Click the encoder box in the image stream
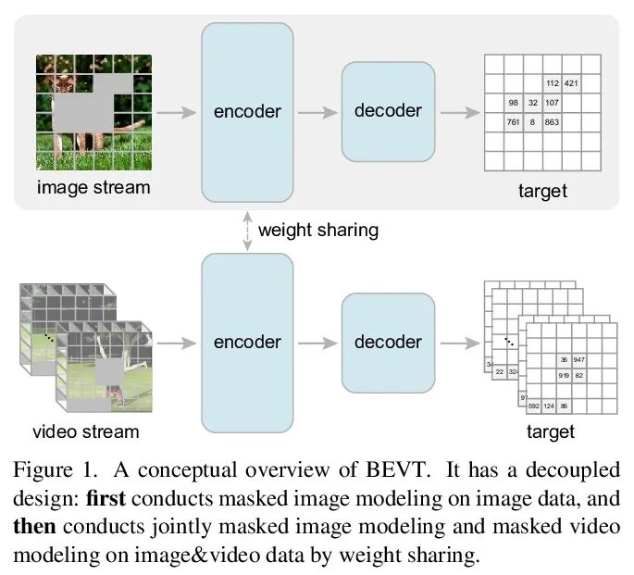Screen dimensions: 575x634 pyautogui.click(x=247, y=111)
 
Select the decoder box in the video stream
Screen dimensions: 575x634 pyautogui.click(x=388, y=342)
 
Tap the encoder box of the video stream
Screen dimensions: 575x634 pyautogui.click(x=247, y=342)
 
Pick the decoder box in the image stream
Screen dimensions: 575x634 pyautogui.click(x=388, y=111)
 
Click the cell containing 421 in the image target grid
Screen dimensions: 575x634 pyautogui.click(x=572, y=83)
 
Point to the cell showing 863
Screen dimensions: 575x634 pyautogui.click(x=553, y=121)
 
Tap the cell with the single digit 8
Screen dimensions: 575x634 pyautogui.click(x=533, y=121)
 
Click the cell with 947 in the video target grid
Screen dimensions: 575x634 pyautogui.click(x=581, y=358)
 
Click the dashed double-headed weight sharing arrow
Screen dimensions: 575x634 pyautogui.click(x=247, y=227)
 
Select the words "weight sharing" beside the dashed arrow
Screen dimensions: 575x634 pyautogui.click(x=318, y=230)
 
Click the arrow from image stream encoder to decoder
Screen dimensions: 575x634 pyautogui.click(x=317, y=111)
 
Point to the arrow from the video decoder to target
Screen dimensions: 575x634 pyautogui.click(x=459, y=342)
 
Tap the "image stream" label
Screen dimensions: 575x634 pyautogui.click(x=93, y=188)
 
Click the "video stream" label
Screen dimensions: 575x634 pyautogui.click(x=85, y=431)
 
